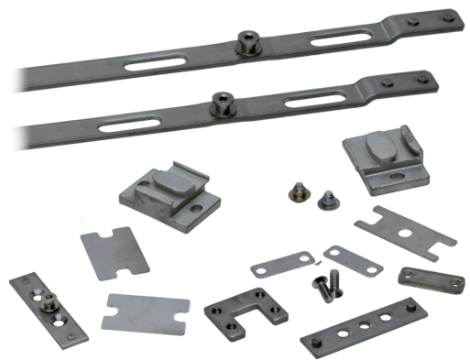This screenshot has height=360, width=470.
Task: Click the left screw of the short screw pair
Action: (x=297, y=190)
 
